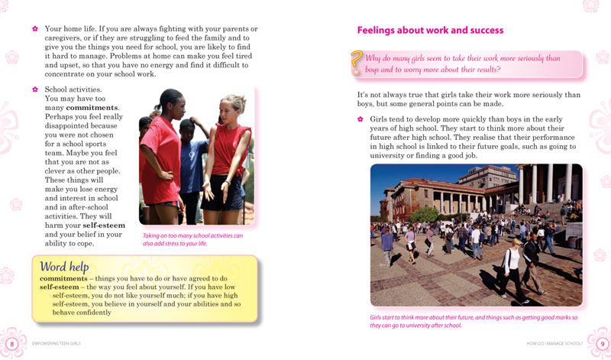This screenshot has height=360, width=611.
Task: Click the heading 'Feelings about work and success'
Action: (x=430, y=31)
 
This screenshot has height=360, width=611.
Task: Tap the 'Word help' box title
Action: (x=65, y=266)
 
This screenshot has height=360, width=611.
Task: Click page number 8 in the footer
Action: (x=11, y=344)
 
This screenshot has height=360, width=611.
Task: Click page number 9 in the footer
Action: (x=601, y=344)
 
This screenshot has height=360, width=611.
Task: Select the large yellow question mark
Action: (x=356, y=63)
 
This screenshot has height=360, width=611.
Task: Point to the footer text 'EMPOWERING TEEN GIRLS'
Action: (x=56, y=344)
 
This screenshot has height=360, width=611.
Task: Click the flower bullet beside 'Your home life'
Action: (x=34, y=28)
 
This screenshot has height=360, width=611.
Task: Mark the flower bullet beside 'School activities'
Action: (x=34, y=89)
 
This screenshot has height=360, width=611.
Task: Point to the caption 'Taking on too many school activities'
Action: (x=192, y=239)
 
